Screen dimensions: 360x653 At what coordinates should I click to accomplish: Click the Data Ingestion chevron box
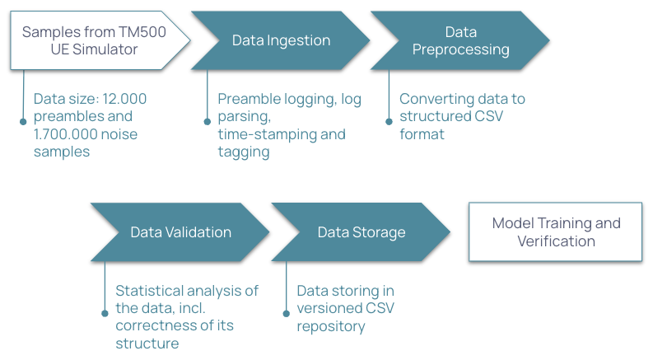point(280,40)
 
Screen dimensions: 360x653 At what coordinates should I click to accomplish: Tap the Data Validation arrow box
point(180,232)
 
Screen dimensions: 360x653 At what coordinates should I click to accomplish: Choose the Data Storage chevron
point(361,232)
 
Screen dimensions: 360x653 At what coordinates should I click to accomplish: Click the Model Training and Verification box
point(556,232)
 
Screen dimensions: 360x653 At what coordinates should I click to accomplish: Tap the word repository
point(332,326)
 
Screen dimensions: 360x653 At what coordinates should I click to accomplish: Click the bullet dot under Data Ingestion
point(207,121)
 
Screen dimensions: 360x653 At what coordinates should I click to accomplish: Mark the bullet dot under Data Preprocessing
point(389,121)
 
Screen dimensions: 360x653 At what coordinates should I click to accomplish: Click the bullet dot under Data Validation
point(105,313)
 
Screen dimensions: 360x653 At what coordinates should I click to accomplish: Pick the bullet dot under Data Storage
point(286,313)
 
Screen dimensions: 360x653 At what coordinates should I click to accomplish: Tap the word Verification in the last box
point(556,241)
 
